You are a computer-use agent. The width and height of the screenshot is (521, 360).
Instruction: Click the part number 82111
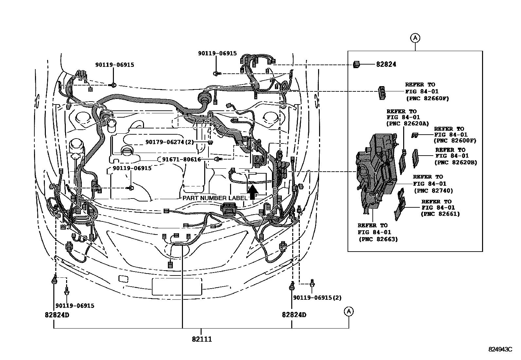pyautogui.click(x=202, y=339)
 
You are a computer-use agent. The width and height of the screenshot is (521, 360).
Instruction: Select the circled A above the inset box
pyautogui.click(x=415, y=38)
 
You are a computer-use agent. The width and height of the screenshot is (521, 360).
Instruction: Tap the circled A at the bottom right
pyautogui.click(x=349, y=311)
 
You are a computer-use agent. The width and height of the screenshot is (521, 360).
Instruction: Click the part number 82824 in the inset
pyautogui.click(x=386, y=64)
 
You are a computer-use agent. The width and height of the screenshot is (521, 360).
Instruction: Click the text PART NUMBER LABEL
pyautogui.click(x=215, y=198)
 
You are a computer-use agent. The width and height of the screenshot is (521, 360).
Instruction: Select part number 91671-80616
pyautogui.click(x=181, y=160)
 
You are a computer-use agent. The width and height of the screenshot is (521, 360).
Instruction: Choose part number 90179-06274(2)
pyautogui.click(x=170, y=142)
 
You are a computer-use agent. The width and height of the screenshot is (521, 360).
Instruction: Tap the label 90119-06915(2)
pyautogui.click(x=317, y=298)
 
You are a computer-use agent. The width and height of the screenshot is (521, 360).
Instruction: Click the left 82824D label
pyautogui.click(x=57, y=315)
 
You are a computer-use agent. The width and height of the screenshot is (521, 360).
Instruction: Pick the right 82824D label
pyautogui.click(x=294, y=315)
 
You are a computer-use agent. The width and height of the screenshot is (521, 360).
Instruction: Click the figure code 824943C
pyautogui.click(x=500, y=349)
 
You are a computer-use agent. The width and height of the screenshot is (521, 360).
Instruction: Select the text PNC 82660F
pyautogui.click(x=427, y=98)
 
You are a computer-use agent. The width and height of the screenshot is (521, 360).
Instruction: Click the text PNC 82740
pyautogui.click(x=433, y=191)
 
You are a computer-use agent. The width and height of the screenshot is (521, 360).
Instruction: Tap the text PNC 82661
pyautogui.click(x=440, y=214)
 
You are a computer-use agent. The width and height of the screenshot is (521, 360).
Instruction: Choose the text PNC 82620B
pyautogui.click(x=456, y=162)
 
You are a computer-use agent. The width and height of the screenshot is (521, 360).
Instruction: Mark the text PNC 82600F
pyautogui.click(x=455, y=141)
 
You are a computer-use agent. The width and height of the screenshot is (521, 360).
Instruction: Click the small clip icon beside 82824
pyautogui.click(x=356, y=64)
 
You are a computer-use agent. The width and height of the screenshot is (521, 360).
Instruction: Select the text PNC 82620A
pyautogui.click(x=407, y=123)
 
